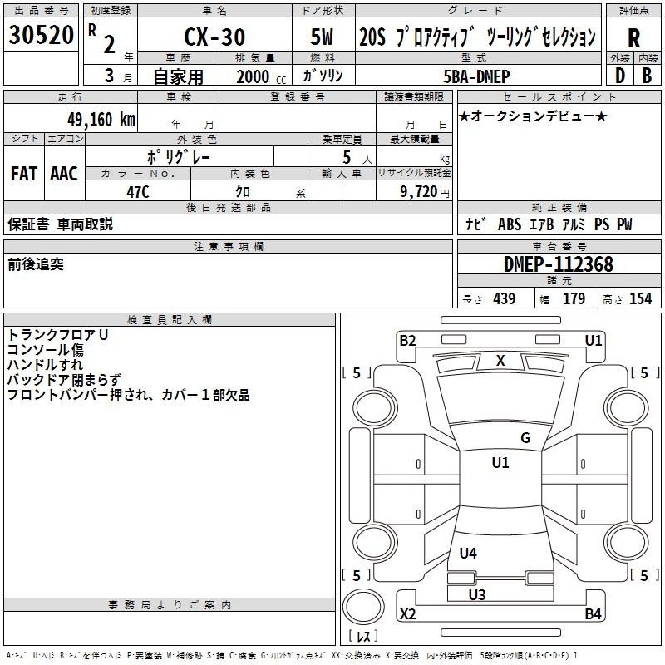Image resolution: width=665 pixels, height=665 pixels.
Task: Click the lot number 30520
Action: point(41,35)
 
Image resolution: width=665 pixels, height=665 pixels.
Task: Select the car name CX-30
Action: point(214,37)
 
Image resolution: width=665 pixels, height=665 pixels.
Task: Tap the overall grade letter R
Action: point(633,38)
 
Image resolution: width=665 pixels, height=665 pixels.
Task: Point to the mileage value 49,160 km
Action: point(101,119)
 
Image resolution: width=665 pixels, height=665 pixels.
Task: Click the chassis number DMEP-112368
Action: point(558,264)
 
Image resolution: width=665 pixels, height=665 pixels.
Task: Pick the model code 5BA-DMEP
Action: point(476,76)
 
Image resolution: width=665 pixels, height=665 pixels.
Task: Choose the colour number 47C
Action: point(138,192)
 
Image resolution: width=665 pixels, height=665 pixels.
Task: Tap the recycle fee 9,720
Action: point(418,192)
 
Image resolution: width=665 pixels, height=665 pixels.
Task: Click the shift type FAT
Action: point(24,174)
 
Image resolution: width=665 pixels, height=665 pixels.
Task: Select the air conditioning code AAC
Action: point(64,174)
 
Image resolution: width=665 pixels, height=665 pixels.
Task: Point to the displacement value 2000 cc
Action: point(261,77)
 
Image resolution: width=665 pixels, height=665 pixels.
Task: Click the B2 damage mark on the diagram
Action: point(407,341)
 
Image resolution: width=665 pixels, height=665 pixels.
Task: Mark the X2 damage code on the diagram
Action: point(408,613)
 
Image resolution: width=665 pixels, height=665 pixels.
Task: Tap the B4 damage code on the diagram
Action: point(593,613)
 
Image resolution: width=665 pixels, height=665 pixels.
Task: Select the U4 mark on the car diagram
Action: point(468,553)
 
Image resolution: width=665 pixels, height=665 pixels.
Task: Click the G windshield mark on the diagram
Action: point(525,438)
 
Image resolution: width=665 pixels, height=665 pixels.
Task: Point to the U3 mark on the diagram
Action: point(477,594)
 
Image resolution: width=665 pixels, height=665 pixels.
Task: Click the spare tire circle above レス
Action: point(363,607)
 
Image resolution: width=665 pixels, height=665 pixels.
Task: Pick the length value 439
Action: point(505,298)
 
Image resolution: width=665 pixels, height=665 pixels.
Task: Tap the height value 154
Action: point(640,298)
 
